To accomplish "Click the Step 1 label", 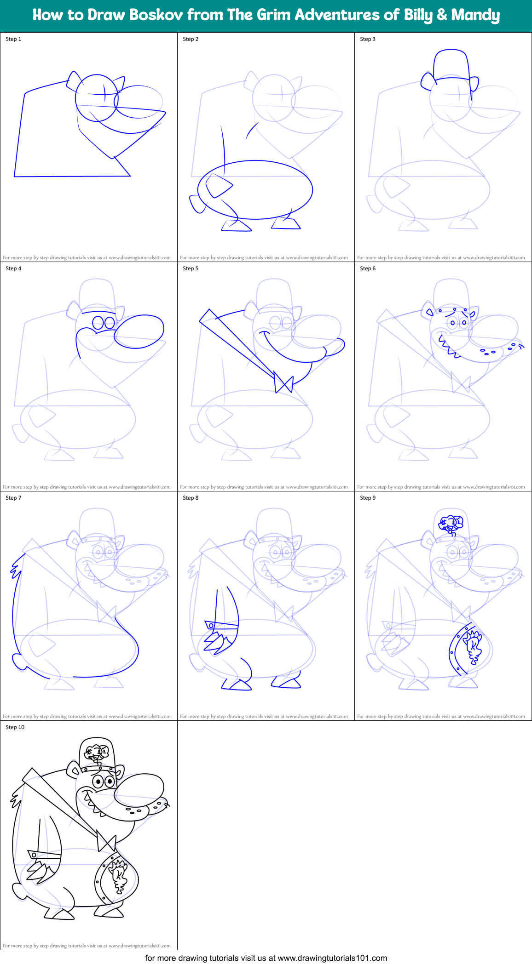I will click(x=13, y=39).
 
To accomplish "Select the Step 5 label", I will click(x=191, y=268).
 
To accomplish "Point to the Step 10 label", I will click(x=15, y=727).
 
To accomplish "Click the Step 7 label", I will click(x=13, y=498).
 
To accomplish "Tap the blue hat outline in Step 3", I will click(x=451, y=64).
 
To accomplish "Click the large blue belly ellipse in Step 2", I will click(x=255, y=189).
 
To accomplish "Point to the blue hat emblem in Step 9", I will click(x=451, y=523).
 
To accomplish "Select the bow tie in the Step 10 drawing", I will click(x=106, y=843).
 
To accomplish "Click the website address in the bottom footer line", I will click(x=332, y=958).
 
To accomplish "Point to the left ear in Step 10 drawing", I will click(x=74, y=769).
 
